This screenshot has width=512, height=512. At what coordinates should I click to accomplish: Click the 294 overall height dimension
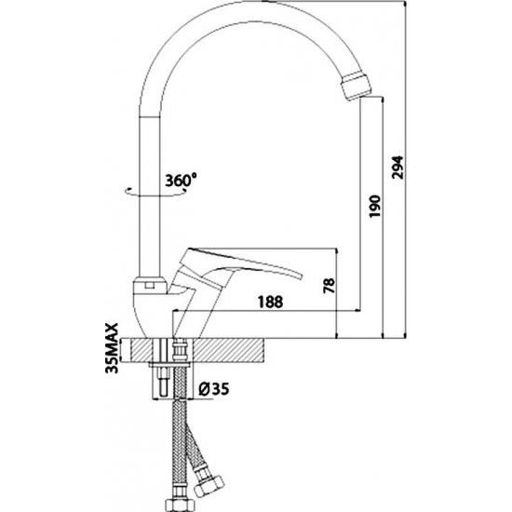pyautogui.click(x=398, y=168)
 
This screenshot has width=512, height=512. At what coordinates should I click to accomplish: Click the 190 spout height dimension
pyautogui.click(x=374, y=206)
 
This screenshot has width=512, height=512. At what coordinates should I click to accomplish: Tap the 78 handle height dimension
pyautogui.click(x=330, y=286)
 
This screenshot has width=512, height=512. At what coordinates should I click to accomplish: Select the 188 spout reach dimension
pyautogui.click(x=270, y=302)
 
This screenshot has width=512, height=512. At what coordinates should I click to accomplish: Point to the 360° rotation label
pyautogui.click(x=181, y=181)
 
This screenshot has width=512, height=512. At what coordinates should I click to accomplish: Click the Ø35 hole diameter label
pyautogui.click(x=214, y=388)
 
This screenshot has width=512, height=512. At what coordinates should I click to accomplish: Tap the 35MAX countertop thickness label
pyautogui.click(x=112, y=348)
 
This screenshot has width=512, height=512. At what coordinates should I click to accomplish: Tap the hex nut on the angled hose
pyautogui.click(x=209, y=485)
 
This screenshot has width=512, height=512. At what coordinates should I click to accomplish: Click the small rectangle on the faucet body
pyautogui.click(x=150, y=286)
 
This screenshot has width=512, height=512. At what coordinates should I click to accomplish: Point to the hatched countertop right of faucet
pyautogui.click(x=230, y=350)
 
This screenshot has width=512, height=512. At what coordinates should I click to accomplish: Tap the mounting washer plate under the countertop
pyautogui.click(x=169, y=363)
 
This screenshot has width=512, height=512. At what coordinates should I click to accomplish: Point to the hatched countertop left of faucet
pyautogui.click(x=142, y=350)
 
